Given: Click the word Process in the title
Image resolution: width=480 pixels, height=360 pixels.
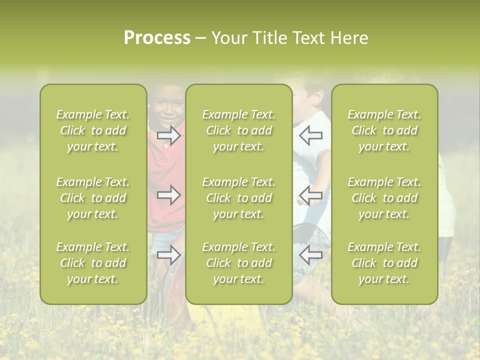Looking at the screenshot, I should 157,38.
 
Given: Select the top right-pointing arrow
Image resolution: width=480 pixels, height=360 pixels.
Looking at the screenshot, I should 168,135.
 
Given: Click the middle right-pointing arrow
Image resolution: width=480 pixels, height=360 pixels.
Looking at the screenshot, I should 168,194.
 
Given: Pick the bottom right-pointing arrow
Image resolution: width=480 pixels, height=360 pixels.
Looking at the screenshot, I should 168,255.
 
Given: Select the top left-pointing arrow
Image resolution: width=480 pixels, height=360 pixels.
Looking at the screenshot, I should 310,135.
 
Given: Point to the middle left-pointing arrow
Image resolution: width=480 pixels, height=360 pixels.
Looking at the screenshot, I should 310,195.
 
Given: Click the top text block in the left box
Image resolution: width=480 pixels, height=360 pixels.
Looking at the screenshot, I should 93,130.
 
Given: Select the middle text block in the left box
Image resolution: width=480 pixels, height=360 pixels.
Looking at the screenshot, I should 93,198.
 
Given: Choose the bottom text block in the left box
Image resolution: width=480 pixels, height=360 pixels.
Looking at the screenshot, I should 93,263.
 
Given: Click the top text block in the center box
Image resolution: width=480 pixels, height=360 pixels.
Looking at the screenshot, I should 239,130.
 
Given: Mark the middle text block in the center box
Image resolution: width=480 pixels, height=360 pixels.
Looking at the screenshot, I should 239,198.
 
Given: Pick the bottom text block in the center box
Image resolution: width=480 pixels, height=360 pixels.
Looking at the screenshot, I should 239,263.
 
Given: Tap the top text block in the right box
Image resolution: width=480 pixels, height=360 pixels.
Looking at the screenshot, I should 384,130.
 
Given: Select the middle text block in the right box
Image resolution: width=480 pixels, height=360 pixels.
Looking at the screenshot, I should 384,198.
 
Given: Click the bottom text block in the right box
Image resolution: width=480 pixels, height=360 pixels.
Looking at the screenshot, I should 384,263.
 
